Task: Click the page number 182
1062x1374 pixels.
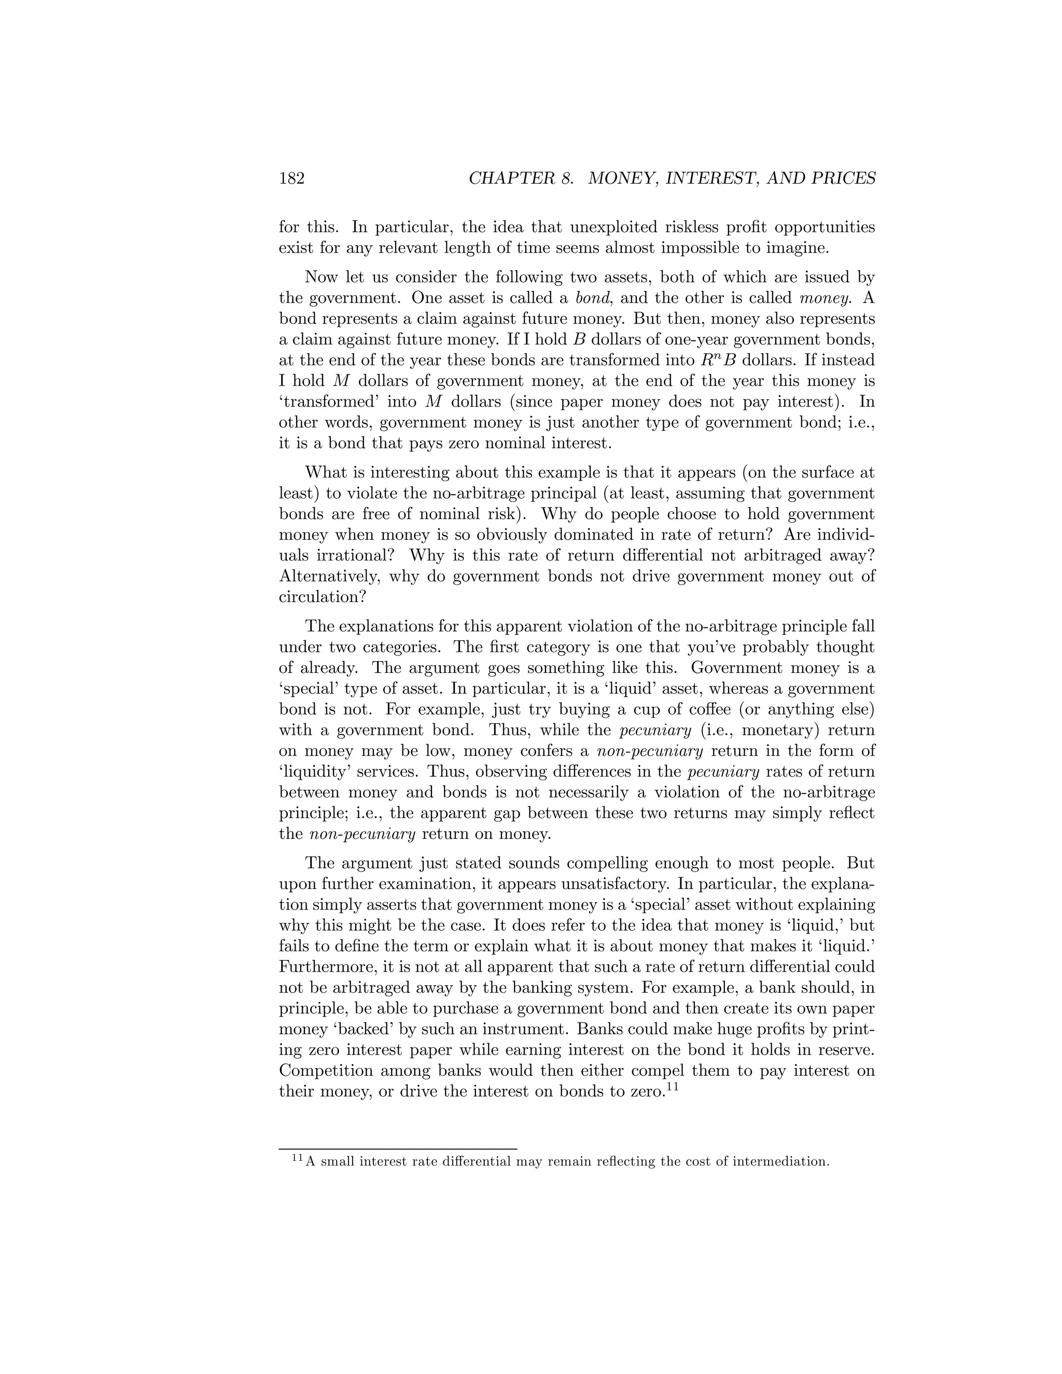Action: coord(292,179)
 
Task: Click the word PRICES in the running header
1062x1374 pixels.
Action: coord(843,179)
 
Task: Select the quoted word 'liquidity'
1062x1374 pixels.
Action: coord(319,772)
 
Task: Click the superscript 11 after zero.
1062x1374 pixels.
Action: coord(672,1086)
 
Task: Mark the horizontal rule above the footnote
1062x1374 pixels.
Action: coord(398,1149)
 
